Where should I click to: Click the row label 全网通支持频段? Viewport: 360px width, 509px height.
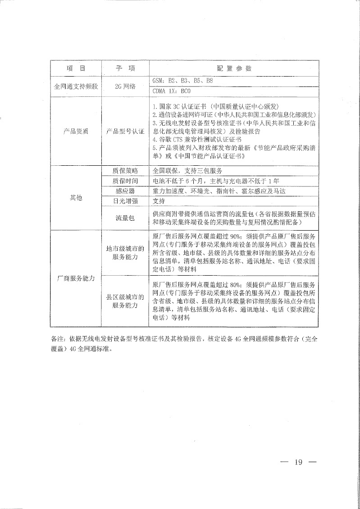[76, 86]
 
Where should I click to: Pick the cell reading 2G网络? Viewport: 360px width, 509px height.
[125, 86]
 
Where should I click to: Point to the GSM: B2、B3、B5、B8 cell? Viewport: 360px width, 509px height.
[183, 81]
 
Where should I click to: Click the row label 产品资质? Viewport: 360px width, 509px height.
[76, 131]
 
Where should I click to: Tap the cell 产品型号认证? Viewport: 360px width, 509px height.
[125, 131]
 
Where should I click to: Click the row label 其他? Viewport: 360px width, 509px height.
[76, 198]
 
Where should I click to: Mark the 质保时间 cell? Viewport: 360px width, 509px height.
[125, 181]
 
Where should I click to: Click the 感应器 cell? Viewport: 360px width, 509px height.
[125, 191]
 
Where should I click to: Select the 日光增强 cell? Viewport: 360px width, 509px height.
[125, 201]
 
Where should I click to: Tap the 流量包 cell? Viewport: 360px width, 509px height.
[125, 218]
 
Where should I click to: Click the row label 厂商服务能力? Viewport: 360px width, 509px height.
[76, 278]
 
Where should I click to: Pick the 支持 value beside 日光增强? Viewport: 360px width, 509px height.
[159, 201]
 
